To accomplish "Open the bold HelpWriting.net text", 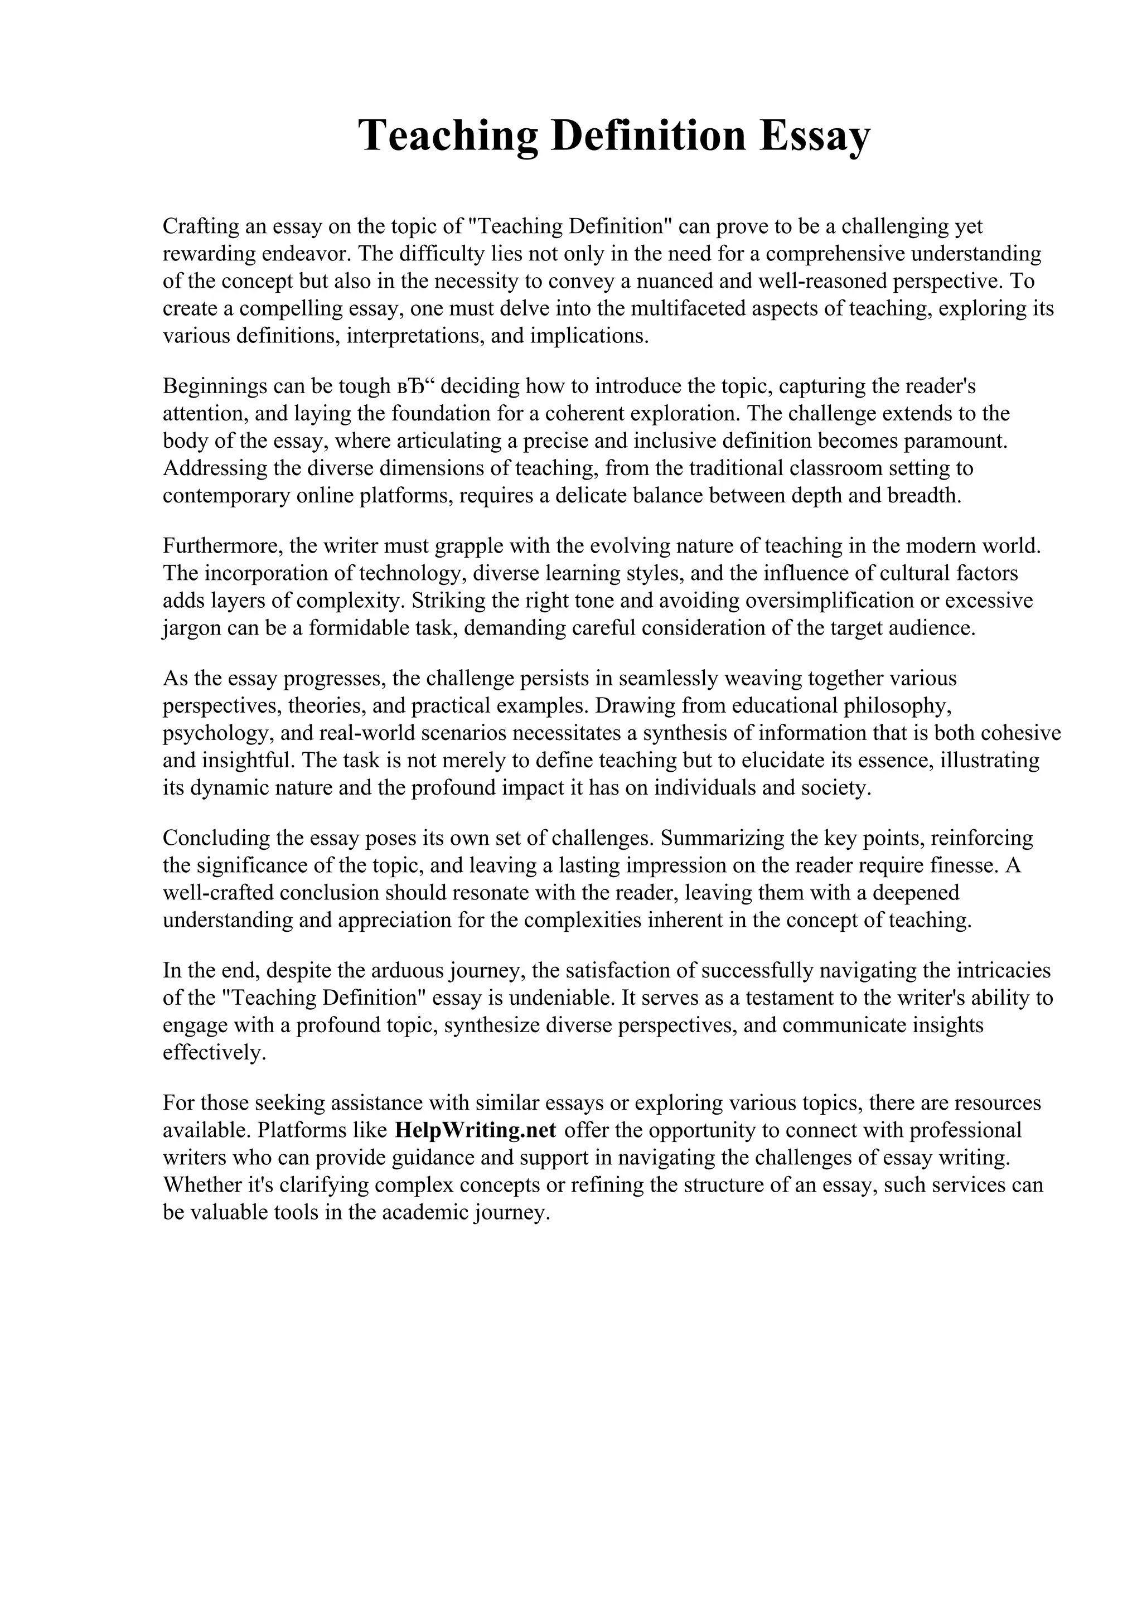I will point(476,1130).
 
